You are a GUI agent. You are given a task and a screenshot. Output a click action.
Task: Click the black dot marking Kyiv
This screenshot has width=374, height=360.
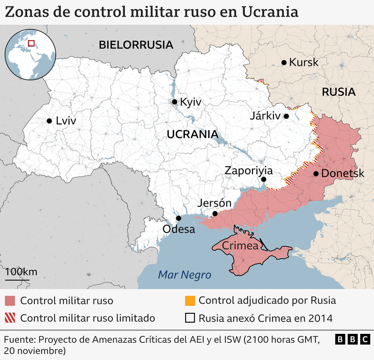174,102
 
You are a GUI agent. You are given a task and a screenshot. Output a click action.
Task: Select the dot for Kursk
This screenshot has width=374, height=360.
284,62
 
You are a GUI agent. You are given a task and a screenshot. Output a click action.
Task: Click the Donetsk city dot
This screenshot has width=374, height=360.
315,174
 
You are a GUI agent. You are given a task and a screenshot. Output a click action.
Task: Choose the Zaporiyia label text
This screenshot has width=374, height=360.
248,171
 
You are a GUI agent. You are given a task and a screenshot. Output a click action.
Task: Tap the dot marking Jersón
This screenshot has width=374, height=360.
215,213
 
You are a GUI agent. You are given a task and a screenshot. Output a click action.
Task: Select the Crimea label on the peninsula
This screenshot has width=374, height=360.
240,246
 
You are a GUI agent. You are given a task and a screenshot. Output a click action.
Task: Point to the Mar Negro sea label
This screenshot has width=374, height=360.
184,275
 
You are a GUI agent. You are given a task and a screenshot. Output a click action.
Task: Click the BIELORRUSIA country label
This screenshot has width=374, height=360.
136,45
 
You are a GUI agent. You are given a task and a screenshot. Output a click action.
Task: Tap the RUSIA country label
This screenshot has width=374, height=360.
339,91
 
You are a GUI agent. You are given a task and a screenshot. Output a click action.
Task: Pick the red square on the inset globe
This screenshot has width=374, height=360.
31,43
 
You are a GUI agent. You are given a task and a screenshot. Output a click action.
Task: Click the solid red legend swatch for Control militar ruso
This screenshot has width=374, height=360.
10,300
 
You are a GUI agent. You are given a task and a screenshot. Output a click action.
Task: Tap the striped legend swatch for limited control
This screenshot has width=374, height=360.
10,318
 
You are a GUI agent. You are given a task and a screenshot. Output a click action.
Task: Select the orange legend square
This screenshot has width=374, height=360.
189,300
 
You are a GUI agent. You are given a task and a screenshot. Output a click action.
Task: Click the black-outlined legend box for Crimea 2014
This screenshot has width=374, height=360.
189,318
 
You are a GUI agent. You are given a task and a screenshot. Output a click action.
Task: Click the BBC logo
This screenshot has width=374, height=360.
352,339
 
